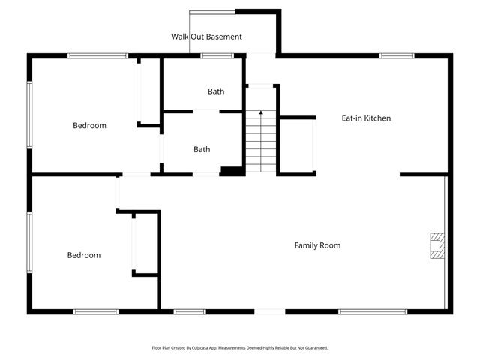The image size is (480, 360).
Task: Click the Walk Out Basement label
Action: [206, 36]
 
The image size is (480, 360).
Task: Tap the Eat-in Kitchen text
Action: [366, 118]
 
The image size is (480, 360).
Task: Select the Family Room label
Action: [317, 245]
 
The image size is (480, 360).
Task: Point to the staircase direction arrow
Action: [261, 114]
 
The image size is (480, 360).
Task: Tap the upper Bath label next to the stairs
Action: [216, 91]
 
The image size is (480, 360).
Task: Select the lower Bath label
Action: [202, 149]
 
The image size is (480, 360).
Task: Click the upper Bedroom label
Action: [89, 125]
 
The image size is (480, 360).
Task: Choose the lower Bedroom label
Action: [84, 255]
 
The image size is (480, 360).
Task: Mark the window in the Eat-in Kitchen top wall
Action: [396, 55]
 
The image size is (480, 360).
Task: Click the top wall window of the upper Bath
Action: [216, 55]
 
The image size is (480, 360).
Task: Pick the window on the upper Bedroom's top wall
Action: [97, 55]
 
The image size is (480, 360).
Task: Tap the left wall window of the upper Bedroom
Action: [30, 114]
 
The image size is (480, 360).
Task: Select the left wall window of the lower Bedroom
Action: [30, 243]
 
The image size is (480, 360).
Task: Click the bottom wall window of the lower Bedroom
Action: [95, 311]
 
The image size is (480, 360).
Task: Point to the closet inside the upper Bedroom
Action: [148, 91]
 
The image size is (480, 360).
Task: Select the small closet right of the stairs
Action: [296, 145]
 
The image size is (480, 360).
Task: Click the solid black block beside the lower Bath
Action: [232, 172]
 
